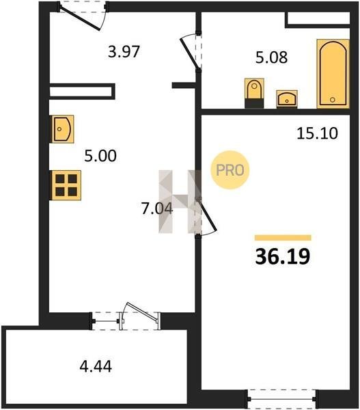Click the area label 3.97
point(124,51)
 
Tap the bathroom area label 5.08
point(271,57)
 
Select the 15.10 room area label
point(317,133)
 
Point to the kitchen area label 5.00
point(100,156)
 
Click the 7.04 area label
point(157,208)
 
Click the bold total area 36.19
point(283,256)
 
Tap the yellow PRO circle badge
point(230,170)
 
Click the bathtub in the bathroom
point(333,74)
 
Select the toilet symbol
point(254,93)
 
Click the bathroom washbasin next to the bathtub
point(287,99)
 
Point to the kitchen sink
point(62,129)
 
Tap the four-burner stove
point(66,185)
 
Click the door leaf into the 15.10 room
point(207,215)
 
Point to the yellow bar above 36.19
point(283,238)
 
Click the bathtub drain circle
point(333,100)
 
